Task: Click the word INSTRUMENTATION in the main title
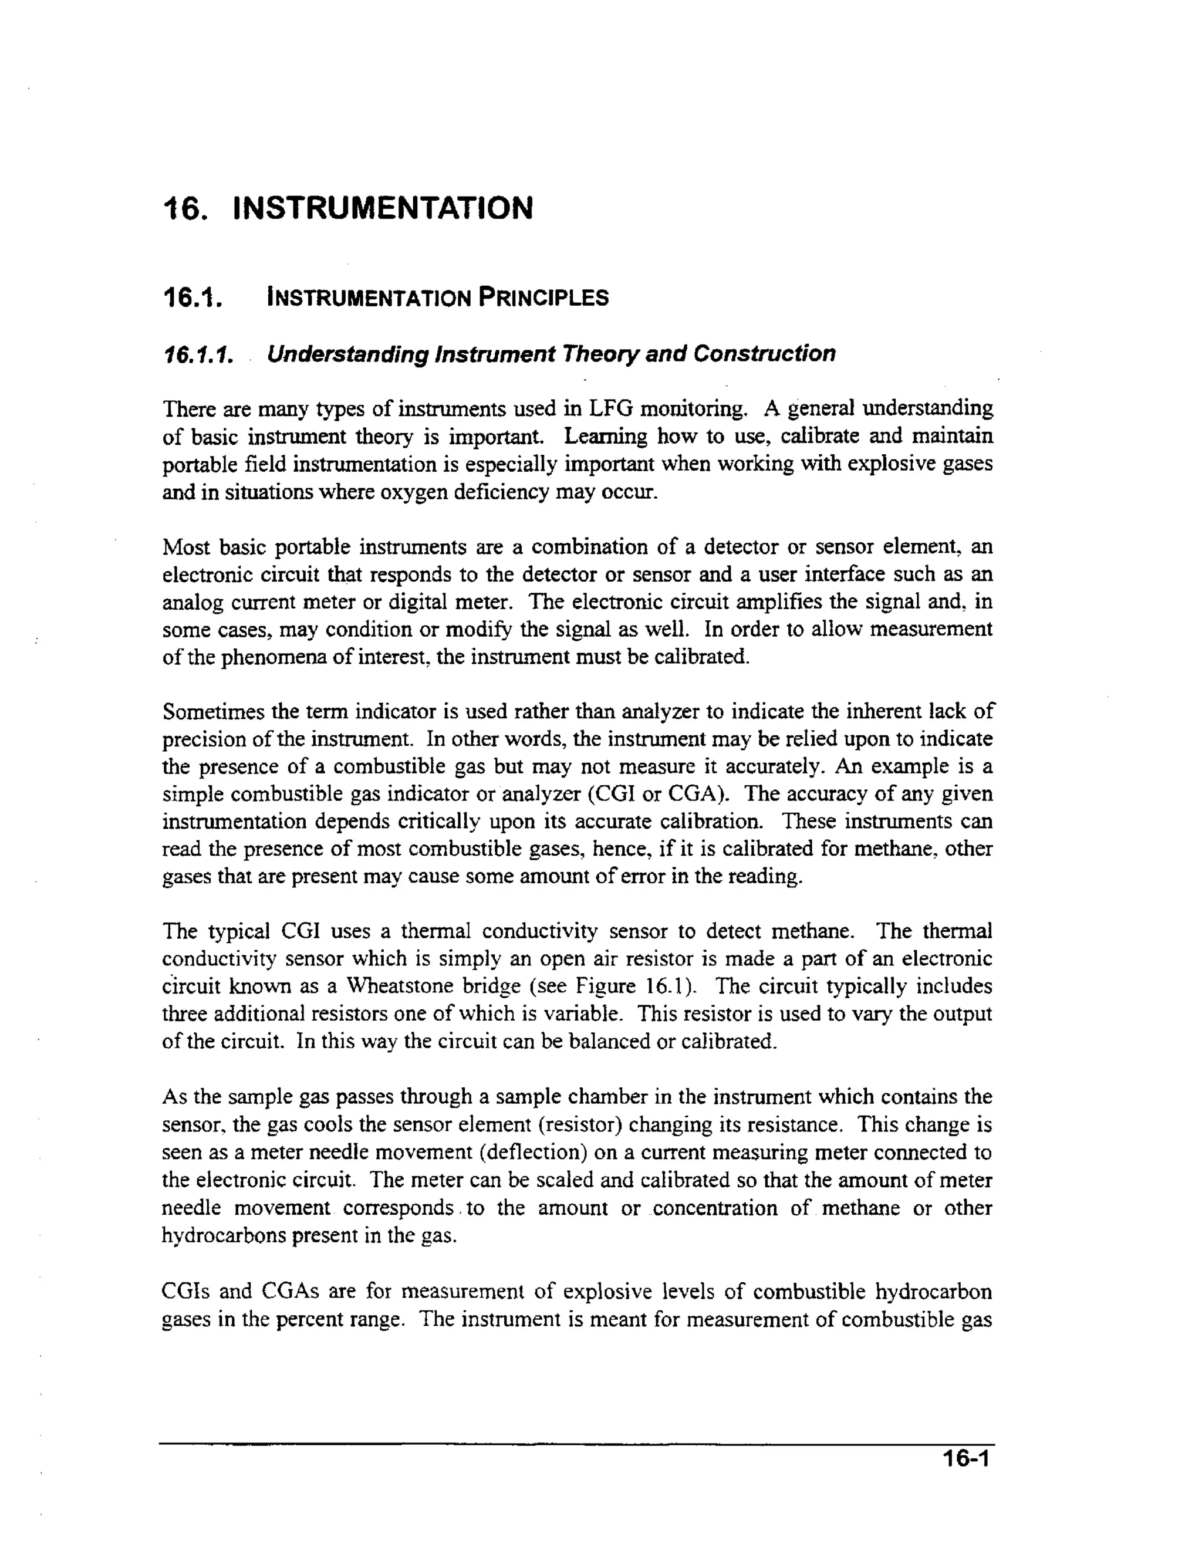[x=382, y=208]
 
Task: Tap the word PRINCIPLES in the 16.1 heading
[x=543, y=297]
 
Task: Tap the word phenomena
[x=275, y=657]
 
